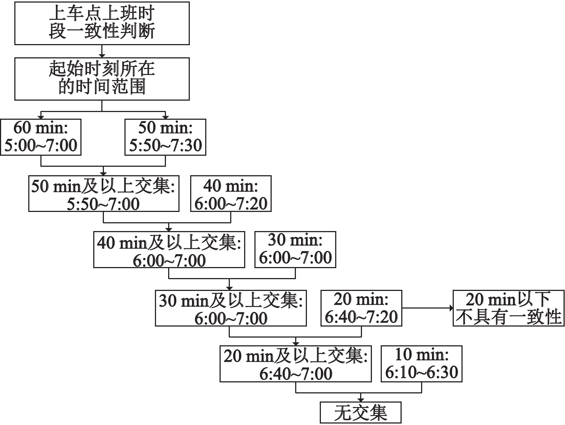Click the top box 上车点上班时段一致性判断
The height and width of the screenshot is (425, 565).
pos(102,23)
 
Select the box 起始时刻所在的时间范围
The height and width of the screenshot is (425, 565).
pos(102,79)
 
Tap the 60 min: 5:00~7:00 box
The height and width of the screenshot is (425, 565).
pos(41,137)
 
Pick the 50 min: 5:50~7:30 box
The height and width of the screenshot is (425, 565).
pos(165,137)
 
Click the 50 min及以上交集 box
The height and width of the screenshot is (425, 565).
pos(104,194)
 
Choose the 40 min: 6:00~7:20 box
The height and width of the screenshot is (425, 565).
pos(231,194)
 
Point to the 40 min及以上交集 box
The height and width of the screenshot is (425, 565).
pos(169,249)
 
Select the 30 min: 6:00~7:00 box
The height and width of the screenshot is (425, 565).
pos(295,249)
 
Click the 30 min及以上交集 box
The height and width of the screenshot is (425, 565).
pos(231,308)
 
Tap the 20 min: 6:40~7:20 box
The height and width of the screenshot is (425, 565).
pos(361,308)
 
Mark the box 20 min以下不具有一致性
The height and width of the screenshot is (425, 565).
pos(508,308)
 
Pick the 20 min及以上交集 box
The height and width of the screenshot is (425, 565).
pos(296,364)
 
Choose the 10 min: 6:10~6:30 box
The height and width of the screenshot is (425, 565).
pos(421,364)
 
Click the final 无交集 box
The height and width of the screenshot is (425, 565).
pos(361,413)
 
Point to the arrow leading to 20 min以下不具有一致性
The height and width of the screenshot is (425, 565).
pos(427,308)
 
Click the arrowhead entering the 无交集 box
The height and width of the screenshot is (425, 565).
pos(361,400)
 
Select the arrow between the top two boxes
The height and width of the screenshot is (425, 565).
pos(102,51)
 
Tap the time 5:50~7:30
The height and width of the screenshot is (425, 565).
pos(166,145)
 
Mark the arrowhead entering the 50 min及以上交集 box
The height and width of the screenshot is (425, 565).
pos(103,174)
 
